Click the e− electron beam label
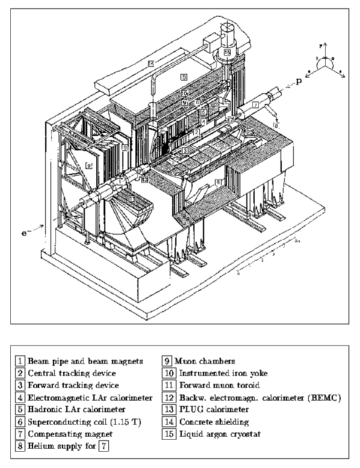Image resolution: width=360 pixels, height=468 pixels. (27, 222)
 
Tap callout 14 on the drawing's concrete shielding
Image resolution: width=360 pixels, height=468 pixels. (150, 64)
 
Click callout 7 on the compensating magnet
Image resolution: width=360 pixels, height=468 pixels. (255, 104)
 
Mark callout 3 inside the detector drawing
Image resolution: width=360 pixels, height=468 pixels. (184, 151)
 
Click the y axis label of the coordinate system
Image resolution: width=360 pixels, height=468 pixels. (327, 45)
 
